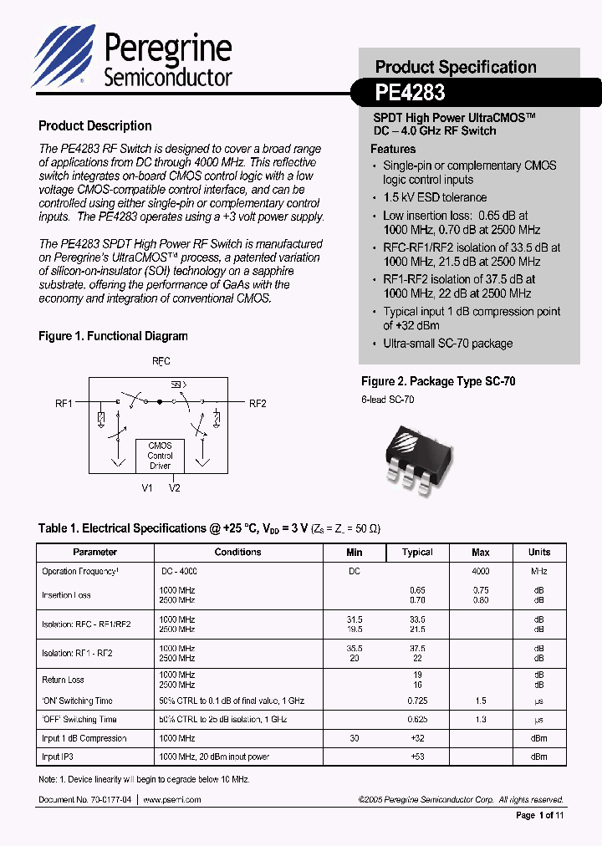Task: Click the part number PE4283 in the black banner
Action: [x=410, y=92]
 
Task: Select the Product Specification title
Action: [x=456, y=67]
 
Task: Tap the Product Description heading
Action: [x=95, y=126]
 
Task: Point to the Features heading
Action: [x=393, y=149]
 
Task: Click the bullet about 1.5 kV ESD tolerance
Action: [x=434, y=197]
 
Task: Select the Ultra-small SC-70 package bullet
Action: [x=447, y=344]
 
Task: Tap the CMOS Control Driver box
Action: [x=160, y=456]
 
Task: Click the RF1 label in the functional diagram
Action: [x=64, y=404]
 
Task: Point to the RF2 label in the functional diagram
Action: [x=258, y=404]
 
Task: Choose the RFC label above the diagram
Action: [x=161, y=362]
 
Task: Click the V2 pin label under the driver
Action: [x=174, y=488]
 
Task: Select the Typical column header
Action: [x=417, y=553]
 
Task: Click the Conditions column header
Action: [x=238, y=553]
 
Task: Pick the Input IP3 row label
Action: [x=58, y=757]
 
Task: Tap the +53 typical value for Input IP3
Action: [x=417, y=757]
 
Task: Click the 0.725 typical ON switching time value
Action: [x=417, y=701]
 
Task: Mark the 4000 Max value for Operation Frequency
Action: [x=481, y=572]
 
